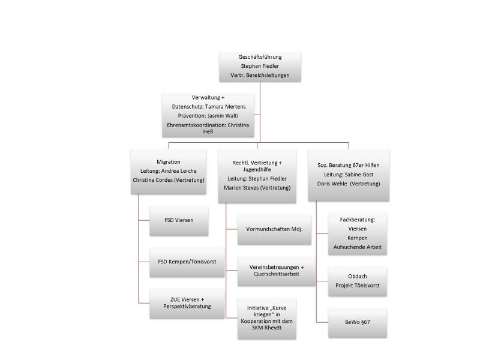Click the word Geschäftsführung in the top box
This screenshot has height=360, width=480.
tap(260, 57)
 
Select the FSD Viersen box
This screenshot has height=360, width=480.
tap(179, 221)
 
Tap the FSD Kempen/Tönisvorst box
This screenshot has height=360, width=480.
tap(187, 262)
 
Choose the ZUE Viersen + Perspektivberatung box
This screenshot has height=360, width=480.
tap(187, 304)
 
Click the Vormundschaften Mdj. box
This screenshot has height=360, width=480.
tap(274, 229)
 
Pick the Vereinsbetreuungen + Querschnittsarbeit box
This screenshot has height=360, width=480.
tap(277, 271)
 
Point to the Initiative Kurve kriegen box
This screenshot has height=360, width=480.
tap(266, 319)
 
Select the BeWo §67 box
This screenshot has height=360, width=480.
tap(358, 323)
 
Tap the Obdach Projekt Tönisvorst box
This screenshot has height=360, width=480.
tap(358, 281)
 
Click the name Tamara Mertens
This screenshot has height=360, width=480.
tap(226, 107)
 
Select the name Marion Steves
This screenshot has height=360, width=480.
tap(241, 188)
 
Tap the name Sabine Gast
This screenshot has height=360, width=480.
tap(359, 175)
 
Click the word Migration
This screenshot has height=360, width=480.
tap(169, 162)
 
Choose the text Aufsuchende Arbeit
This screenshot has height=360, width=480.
tap(358, 247)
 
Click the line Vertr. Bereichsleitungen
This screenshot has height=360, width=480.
tap(260, 76)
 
